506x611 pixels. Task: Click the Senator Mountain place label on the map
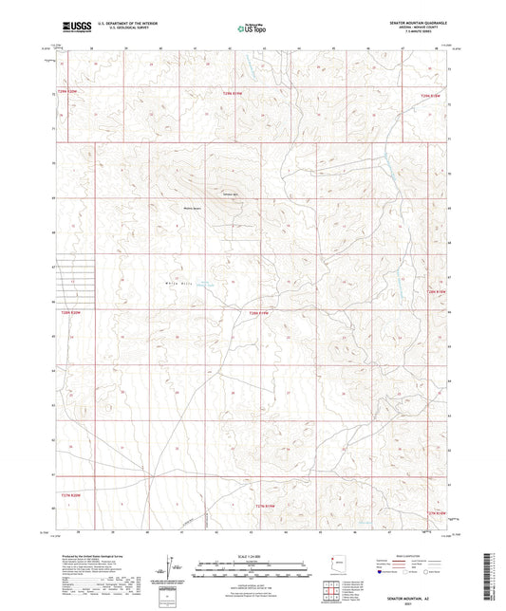(230, 194)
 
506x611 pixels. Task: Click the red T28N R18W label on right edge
(446, 291)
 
